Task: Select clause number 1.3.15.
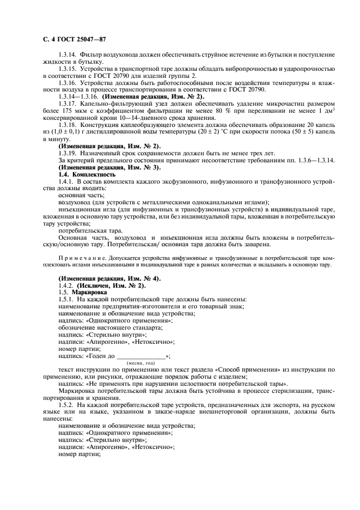[68, 70]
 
